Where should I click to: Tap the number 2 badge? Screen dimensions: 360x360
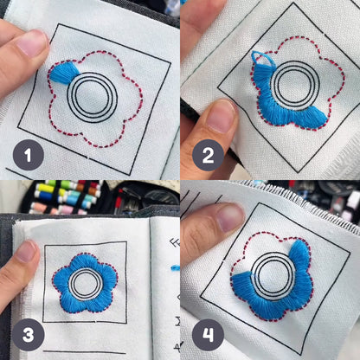206,156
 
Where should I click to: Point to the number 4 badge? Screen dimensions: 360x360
206,334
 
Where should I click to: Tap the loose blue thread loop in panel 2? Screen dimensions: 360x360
262,61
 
